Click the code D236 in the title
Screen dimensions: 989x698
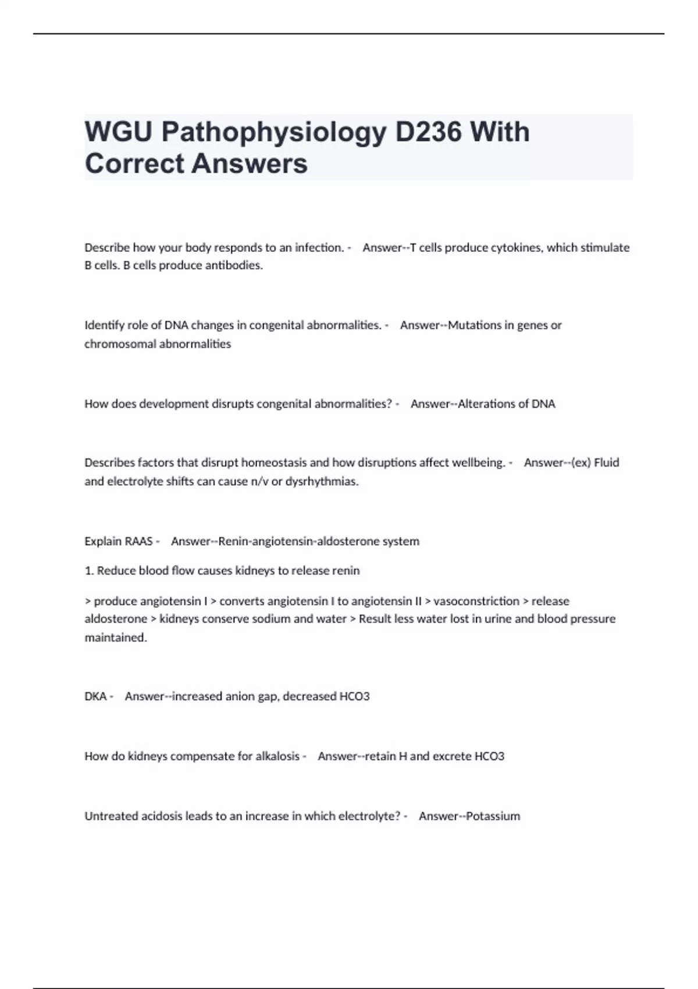click(x=428, y=132)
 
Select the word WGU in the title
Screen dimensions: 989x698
click(x=119, y=132)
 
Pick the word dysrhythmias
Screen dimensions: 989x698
click(x=322, y=482)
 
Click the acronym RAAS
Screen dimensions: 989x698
click(x=138, y=542)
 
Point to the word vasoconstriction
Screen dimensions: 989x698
click(x=476, y=601)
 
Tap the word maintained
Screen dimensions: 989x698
click(x=115, y=638)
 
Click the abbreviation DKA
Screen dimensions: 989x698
click(x=95, y=696)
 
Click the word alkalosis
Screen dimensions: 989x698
click(x=277, y=756)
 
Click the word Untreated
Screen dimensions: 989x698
click(x=109, y=816)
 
